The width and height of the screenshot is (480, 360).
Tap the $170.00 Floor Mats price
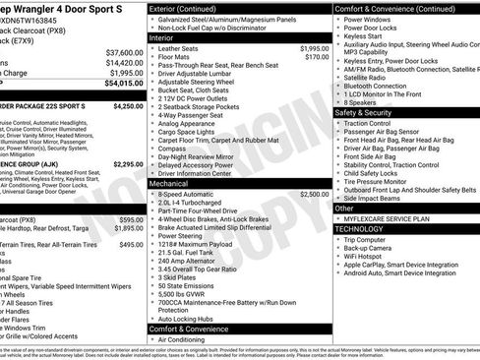(317, 58)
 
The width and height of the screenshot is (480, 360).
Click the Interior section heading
(163, 36)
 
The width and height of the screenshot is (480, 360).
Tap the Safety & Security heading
(370, 112)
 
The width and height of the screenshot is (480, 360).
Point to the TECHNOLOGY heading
(359, 227)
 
